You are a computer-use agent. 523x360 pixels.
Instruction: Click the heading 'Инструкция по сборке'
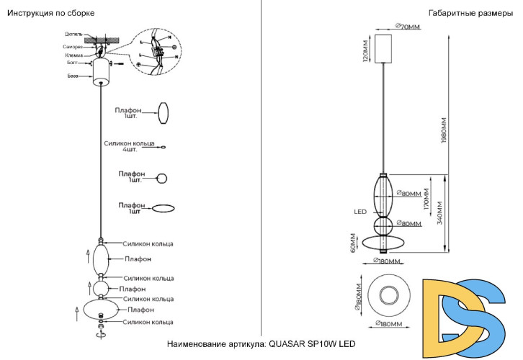50,13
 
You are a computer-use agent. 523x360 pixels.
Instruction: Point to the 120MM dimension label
366,52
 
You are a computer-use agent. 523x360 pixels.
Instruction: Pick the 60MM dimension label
352,243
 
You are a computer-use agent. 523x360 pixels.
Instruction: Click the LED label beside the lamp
361,212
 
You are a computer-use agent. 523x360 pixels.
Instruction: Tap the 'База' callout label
73,76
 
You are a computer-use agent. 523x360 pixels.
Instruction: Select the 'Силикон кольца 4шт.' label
130,145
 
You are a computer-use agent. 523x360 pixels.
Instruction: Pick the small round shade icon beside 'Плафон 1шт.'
162,178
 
